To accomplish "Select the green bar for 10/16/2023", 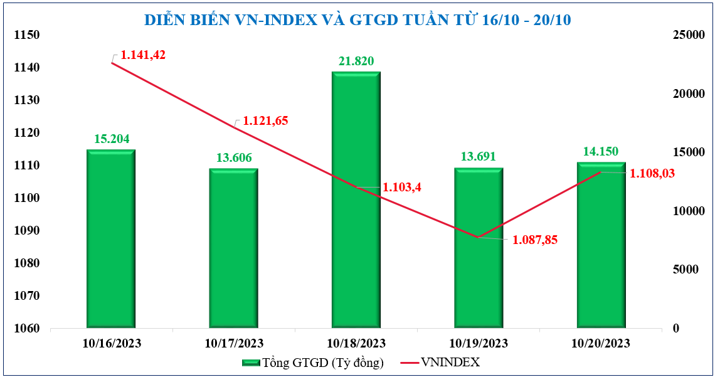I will [111, 238].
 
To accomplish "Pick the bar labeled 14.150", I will [601, 245].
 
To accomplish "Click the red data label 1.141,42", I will [143, 55].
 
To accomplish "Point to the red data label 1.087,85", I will [535, 240].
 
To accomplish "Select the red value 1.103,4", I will [403, 188].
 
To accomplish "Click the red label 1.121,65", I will [265, 121].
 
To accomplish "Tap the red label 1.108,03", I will [652, 173].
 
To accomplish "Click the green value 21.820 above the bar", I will [356, 61].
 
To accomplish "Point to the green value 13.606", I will [234, 158].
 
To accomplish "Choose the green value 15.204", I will [112, 139].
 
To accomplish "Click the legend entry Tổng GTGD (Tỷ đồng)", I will [313, 363].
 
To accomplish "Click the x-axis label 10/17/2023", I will [234, 344].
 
